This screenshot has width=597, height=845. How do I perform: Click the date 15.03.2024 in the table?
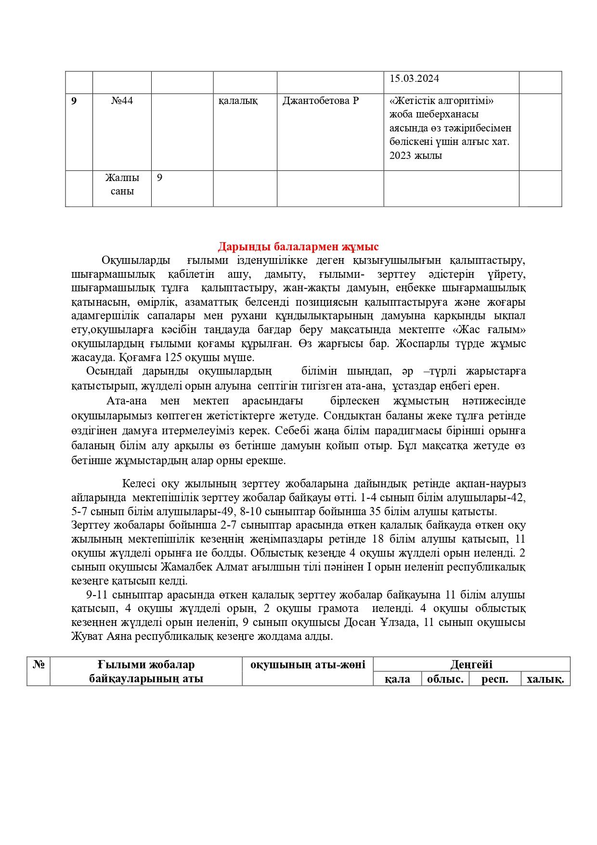point(414,79)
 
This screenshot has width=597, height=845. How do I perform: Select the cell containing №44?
point(122,101)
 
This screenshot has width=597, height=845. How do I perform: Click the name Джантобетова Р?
point(320,101)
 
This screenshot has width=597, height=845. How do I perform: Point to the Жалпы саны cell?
point(122,184)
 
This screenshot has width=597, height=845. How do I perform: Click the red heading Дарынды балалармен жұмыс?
point(298,247)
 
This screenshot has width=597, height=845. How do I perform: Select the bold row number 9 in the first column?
point(74,101)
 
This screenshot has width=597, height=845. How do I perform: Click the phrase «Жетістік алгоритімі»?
point(442,101)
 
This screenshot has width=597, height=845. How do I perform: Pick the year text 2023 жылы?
point(415,156)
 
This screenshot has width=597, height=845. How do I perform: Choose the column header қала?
point(397,679)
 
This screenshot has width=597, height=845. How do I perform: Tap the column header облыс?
point(445,679)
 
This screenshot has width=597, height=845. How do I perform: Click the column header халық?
point(545,679)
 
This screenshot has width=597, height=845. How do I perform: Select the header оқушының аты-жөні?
point(308,665)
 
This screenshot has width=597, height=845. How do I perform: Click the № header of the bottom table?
point(39,665)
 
